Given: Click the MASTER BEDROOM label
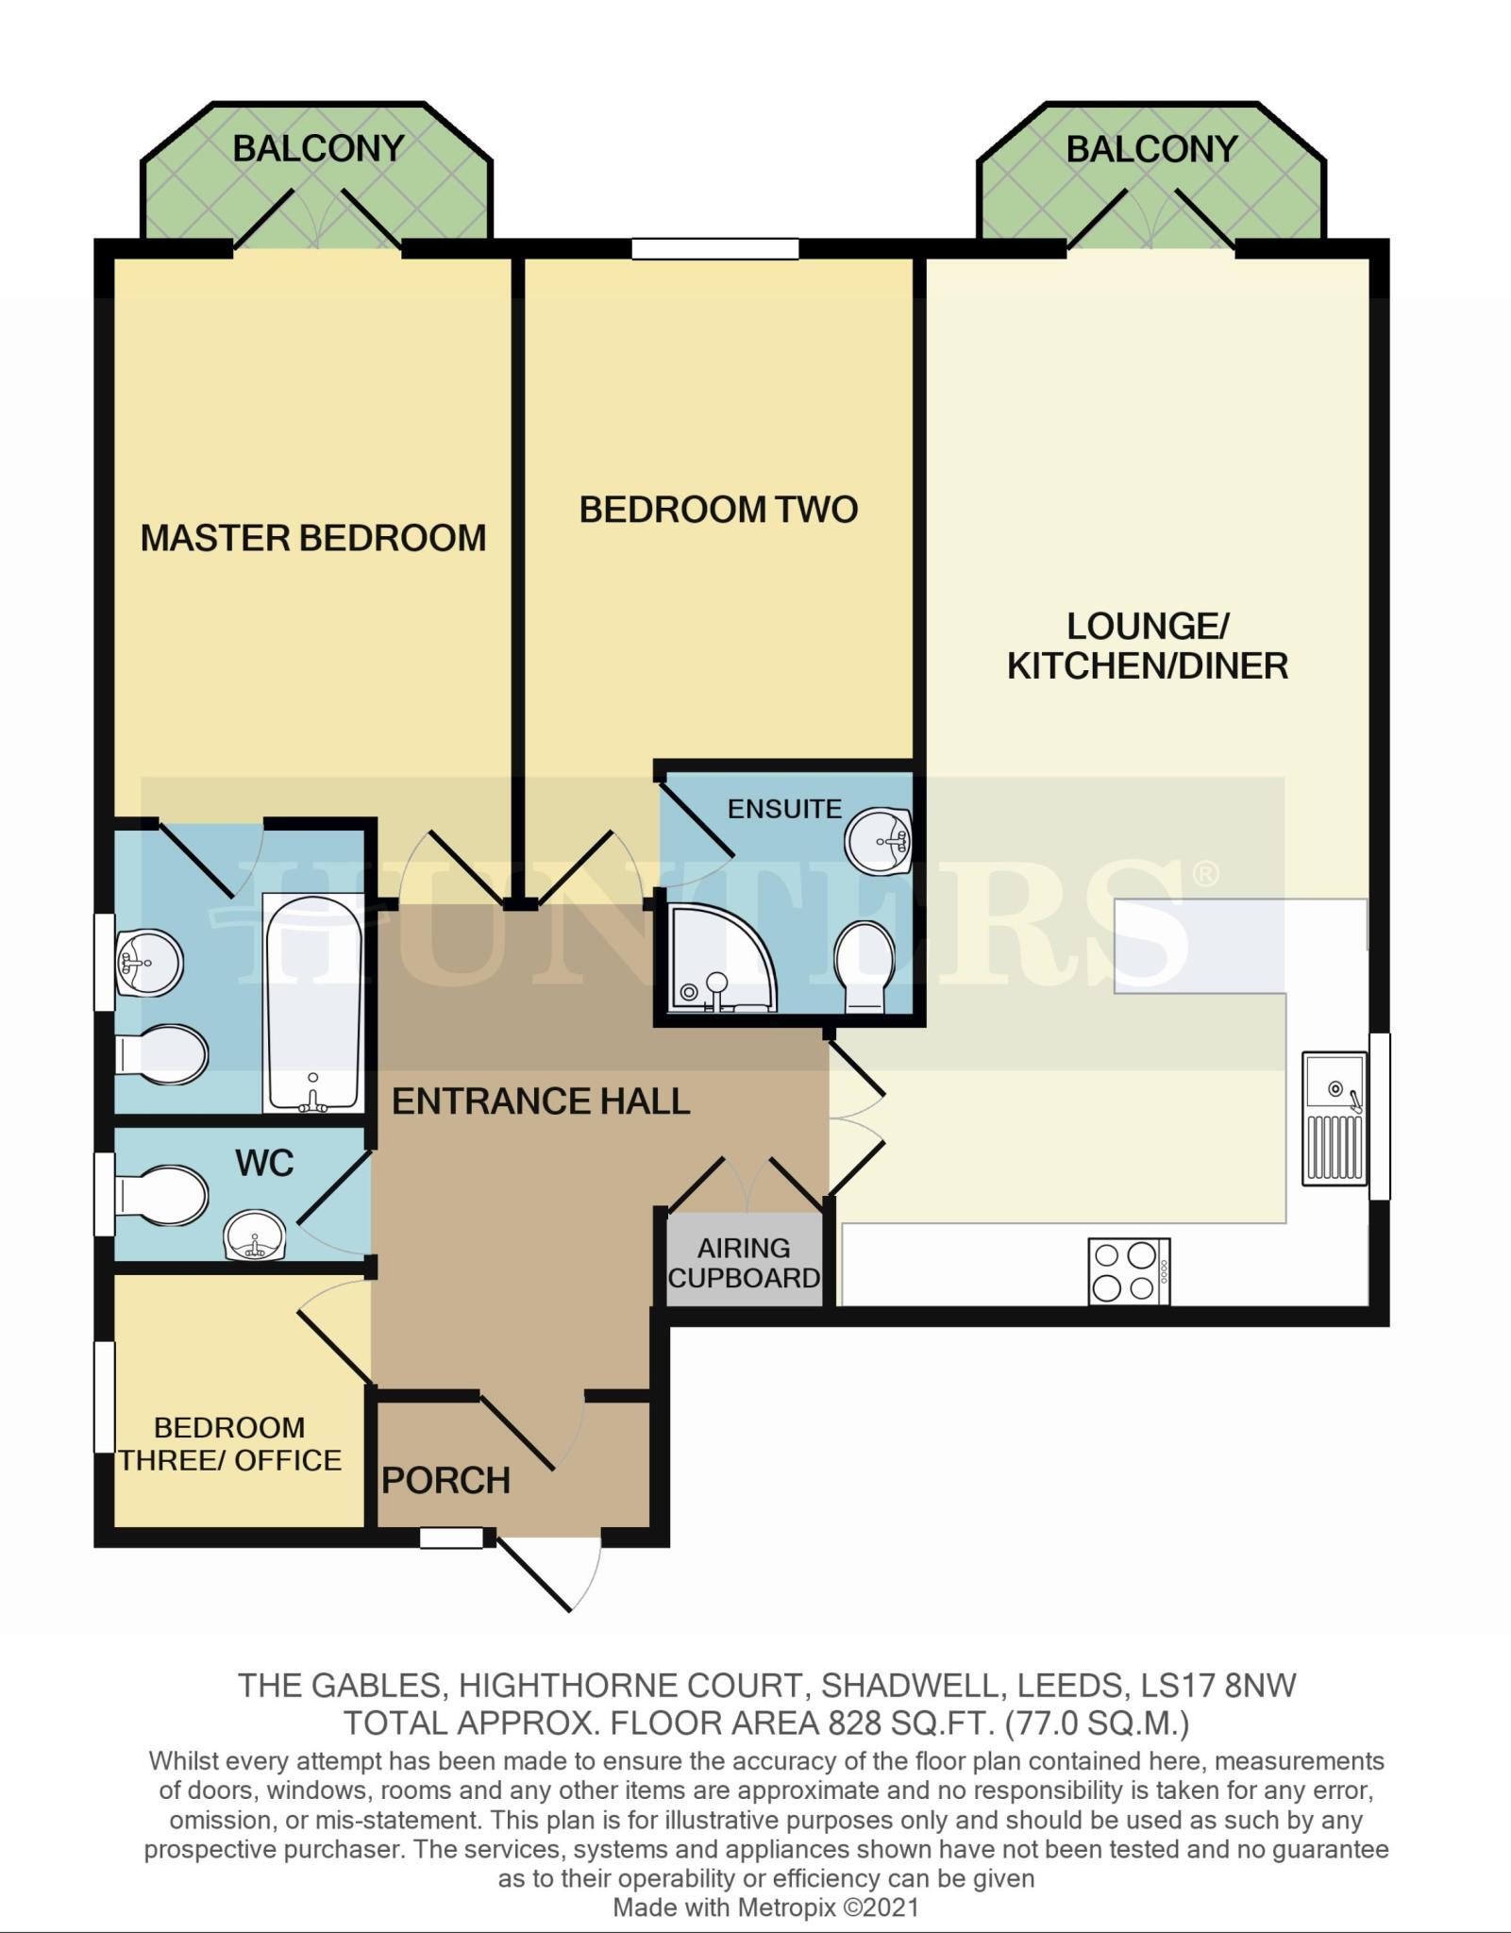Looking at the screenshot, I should (312, 538).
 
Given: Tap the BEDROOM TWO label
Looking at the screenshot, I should (718, 510).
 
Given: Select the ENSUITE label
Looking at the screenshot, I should (784, 809).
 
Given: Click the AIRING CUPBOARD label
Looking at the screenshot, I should (744, 1263).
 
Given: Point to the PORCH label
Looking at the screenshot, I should (445, 1480).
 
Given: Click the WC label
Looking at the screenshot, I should (264, 1163).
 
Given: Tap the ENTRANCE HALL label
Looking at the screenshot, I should (541, 1101).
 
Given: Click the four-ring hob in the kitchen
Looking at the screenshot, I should (1129, 1271).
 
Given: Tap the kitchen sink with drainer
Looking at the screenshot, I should (1335, 1118).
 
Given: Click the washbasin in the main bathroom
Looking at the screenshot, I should (148, 963).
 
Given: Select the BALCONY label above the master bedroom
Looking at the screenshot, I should (318, 148).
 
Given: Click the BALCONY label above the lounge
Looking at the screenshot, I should (1151, 148).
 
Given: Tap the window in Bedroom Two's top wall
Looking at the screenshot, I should (714, 248).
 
